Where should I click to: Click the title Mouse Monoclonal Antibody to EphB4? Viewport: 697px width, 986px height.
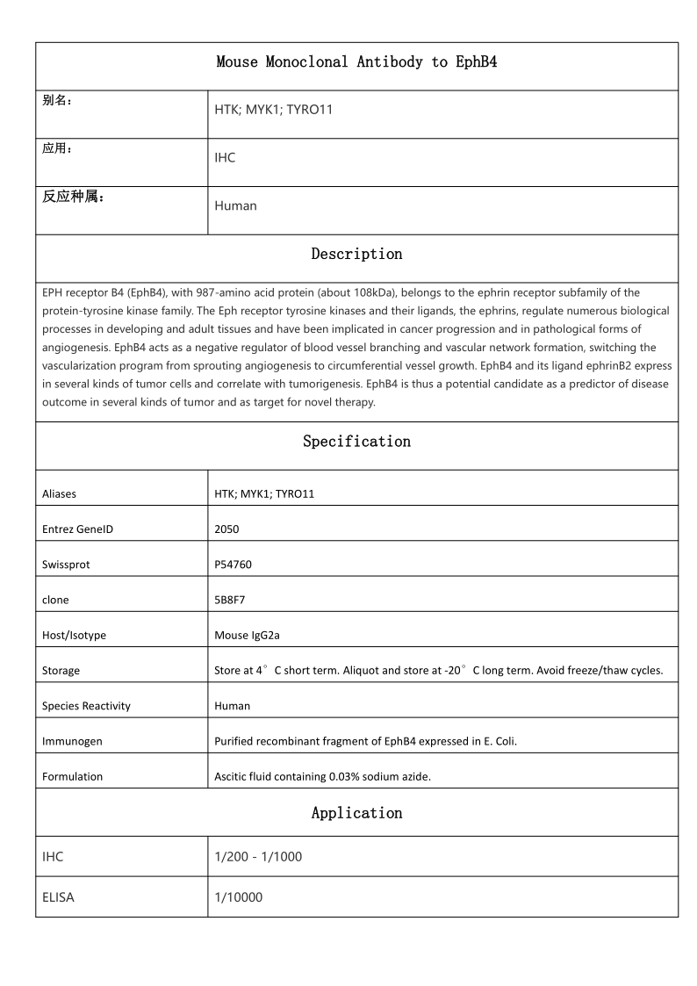coord(356,62)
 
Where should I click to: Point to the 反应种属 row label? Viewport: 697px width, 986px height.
coord(74,197)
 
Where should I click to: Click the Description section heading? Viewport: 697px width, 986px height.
coord(356,255)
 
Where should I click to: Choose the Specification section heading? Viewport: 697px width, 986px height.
coord(356,442)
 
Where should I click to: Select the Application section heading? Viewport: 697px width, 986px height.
coord(356,813)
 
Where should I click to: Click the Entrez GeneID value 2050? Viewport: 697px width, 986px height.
coord(226,529)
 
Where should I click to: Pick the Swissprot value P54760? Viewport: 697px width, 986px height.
coord(233,565)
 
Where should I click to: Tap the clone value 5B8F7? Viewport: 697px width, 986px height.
coord(230,600)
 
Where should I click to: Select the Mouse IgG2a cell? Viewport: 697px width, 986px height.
coord(248,635)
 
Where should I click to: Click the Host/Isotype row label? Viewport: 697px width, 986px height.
coord(74,635)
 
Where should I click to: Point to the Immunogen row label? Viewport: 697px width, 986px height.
coord(72,741)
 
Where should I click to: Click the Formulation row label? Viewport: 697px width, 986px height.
coord(72,776)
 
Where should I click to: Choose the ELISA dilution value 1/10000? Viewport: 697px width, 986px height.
coord(238,897)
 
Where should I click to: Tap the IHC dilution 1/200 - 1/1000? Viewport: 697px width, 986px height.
coord(258,856)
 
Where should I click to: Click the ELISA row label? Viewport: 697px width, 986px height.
coord(58,897)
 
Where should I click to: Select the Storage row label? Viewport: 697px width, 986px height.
coord(61,671)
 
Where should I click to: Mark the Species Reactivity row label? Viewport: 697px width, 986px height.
coord(86,706)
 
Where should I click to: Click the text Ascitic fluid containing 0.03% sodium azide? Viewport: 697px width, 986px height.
coord(322,776)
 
